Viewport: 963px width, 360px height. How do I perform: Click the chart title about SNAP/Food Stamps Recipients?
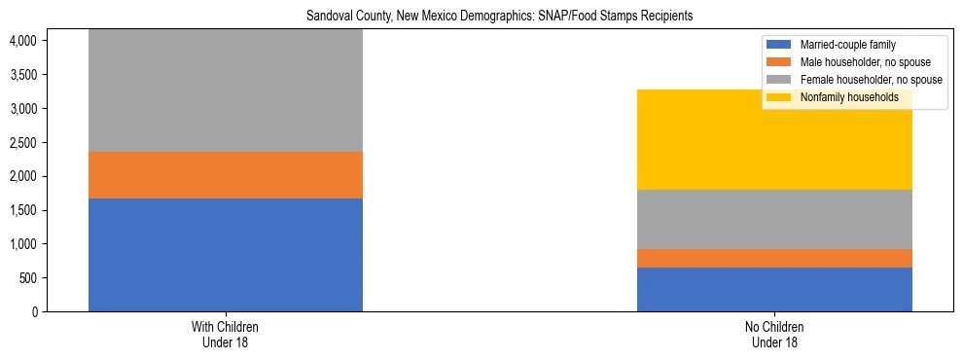click(x=499, y=17)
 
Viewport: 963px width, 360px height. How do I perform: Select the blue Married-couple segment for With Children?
click(x=226, y=255)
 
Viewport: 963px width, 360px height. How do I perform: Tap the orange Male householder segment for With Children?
click(x=226, y=175)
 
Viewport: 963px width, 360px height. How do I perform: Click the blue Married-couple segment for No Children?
click(x=774, y=289)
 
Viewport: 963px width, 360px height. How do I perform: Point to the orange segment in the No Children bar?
click(x=774, y=258)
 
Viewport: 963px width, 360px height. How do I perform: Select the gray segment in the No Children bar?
click(x=774, y=219)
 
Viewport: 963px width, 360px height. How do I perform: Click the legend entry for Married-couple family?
click(x=847, y=45)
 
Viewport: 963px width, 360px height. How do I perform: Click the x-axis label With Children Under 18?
click(x=226, y=334)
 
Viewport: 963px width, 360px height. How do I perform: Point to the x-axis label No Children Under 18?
click(x=774, y=334)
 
